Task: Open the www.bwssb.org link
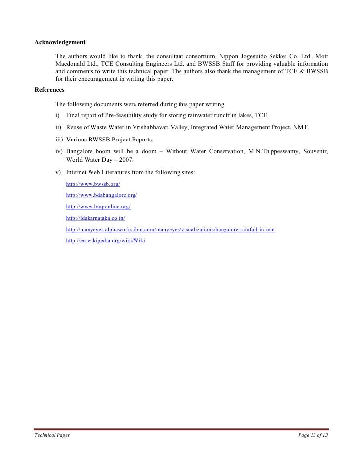[x=93, y=184]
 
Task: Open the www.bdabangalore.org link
[x=101, y=195]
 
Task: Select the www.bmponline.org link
[x=98, y=206]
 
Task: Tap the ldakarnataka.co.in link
[x=95, y=218]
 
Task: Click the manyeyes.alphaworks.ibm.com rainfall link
[x=170, y=230]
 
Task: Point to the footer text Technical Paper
[x=51, y=435]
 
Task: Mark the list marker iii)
[x=59, y=139]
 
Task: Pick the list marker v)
[x=59, y=172]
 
